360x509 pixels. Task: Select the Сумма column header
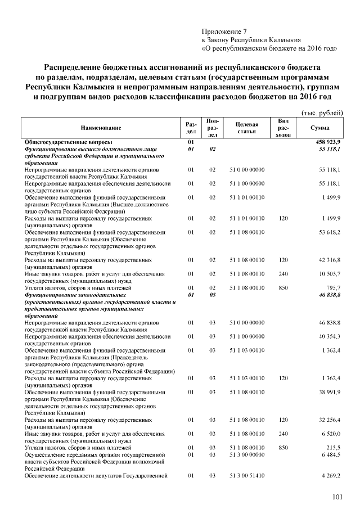coord(319,128)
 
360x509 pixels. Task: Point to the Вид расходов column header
coord(284,128)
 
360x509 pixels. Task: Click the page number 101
coord(337,496)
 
